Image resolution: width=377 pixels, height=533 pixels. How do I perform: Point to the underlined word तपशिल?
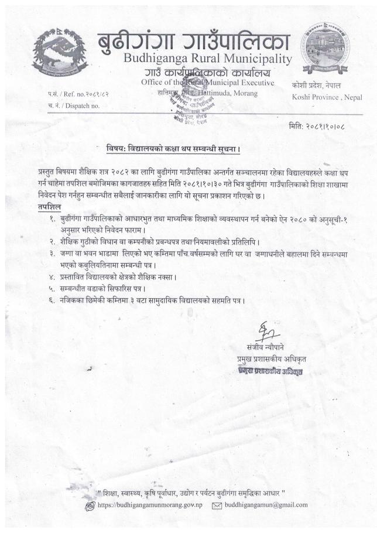click(49, 207)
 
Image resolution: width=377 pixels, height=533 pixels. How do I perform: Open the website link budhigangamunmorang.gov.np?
click(150, 505)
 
